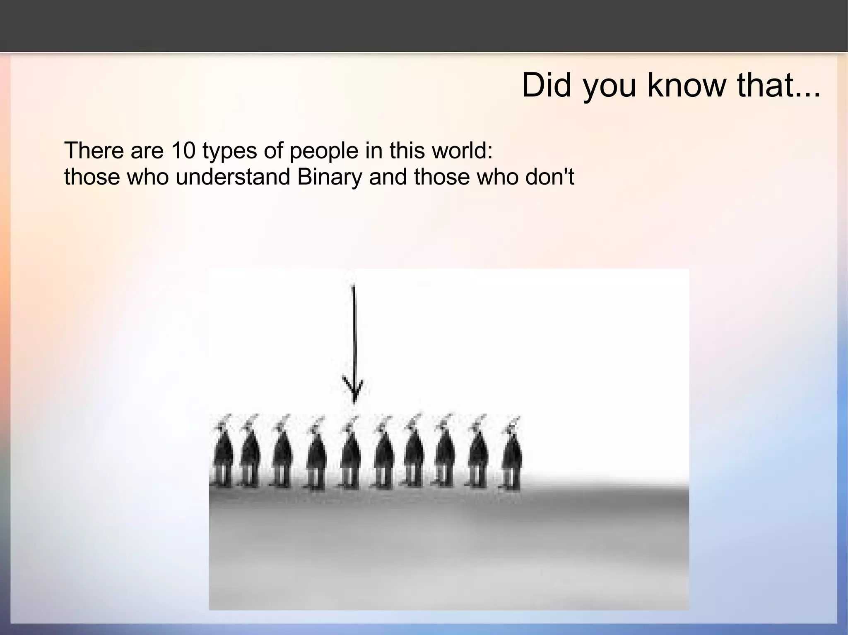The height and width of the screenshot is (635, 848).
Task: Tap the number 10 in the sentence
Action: coord(183,151)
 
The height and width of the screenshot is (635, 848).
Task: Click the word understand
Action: coord(232,177)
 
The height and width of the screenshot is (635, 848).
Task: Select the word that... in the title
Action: coord(778,86)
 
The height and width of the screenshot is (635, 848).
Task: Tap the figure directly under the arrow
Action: coord(350,453)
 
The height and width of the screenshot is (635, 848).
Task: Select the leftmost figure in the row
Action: coord(222,453)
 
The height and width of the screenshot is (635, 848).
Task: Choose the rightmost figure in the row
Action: coord(512,453)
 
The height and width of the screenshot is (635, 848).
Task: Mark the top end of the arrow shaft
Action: coord(353,287)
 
